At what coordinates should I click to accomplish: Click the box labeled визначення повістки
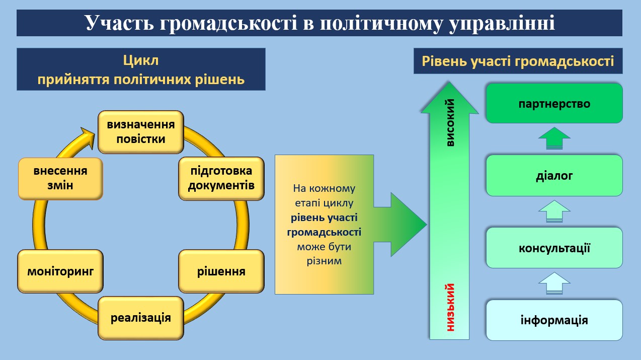coord(141,132)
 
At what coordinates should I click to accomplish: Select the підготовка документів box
coord(221,178)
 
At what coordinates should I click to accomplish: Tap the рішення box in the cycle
coord(221,271)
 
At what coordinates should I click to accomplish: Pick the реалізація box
coord(141,318)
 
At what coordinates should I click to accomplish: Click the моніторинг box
coord(60,271)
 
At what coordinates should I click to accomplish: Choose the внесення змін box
coord(60,178)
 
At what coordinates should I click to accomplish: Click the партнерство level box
coord(554,103)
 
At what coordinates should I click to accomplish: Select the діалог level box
coord(554,176)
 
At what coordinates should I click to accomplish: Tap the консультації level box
coord(554,248)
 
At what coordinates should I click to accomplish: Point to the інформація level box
coord(554,320)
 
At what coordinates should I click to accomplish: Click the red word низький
coord(450,307)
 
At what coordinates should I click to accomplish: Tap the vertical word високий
coord(450,122)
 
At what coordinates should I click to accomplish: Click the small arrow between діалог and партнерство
coord(554,138)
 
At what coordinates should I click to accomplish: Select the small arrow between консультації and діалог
coord(554,211)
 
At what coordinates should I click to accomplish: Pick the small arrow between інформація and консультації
coord(554,283)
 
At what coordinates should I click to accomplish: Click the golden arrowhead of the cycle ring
coord(88,137)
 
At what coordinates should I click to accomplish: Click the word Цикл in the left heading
coord(141,60)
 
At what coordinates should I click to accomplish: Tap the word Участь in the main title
coord(119,23)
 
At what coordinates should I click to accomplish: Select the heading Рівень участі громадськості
coord(518,61)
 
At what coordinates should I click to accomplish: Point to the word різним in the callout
coord(324,261)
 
